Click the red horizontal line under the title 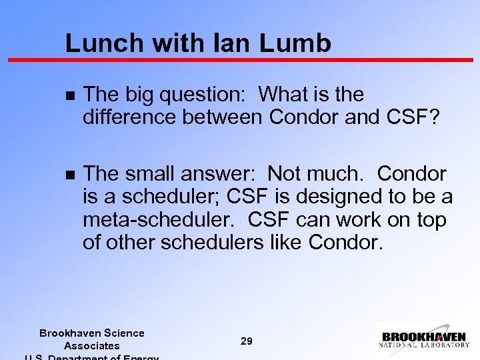click(x=240, y=60)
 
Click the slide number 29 click(x=247, y=341)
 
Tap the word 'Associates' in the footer click(x=91, y=345)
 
